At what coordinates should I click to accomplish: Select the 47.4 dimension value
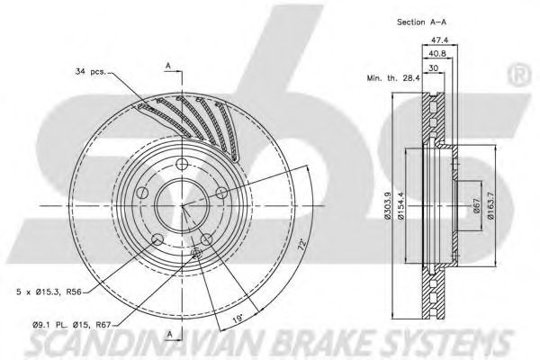point(440,40)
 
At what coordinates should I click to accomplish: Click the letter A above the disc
point(167,64)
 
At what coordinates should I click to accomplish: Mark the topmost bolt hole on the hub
point(181,163)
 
